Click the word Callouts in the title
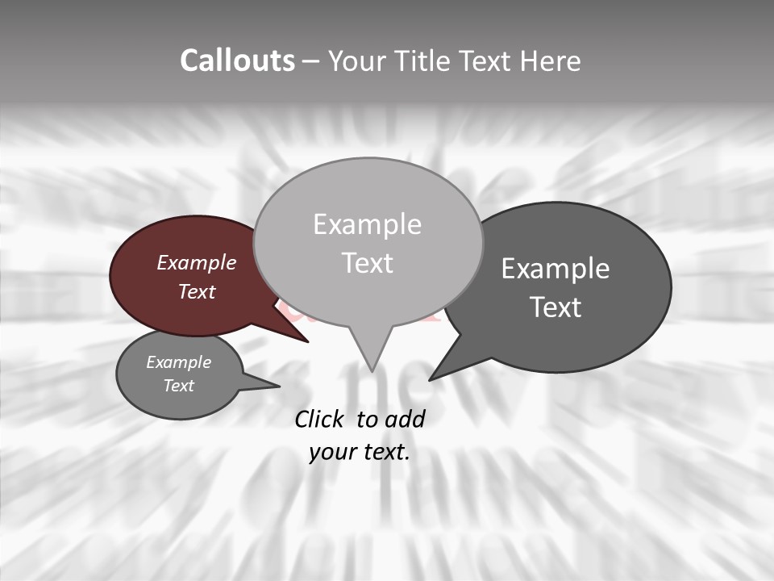(x=237, y=61)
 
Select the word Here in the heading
(x=550, y=61)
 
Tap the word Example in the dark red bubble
(x=197, y=262)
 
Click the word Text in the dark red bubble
(x=197, y=291)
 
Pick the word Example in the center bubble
(x=368, y=224)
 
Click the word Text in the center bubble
(x=368, y=263)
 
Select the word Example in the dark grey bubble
(x=556, y=269)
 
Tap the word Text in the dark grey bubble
(x=556, y=307)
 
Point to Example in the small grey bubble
(x=179, y=362)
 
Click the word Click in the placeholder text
(x=322, y=419)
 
